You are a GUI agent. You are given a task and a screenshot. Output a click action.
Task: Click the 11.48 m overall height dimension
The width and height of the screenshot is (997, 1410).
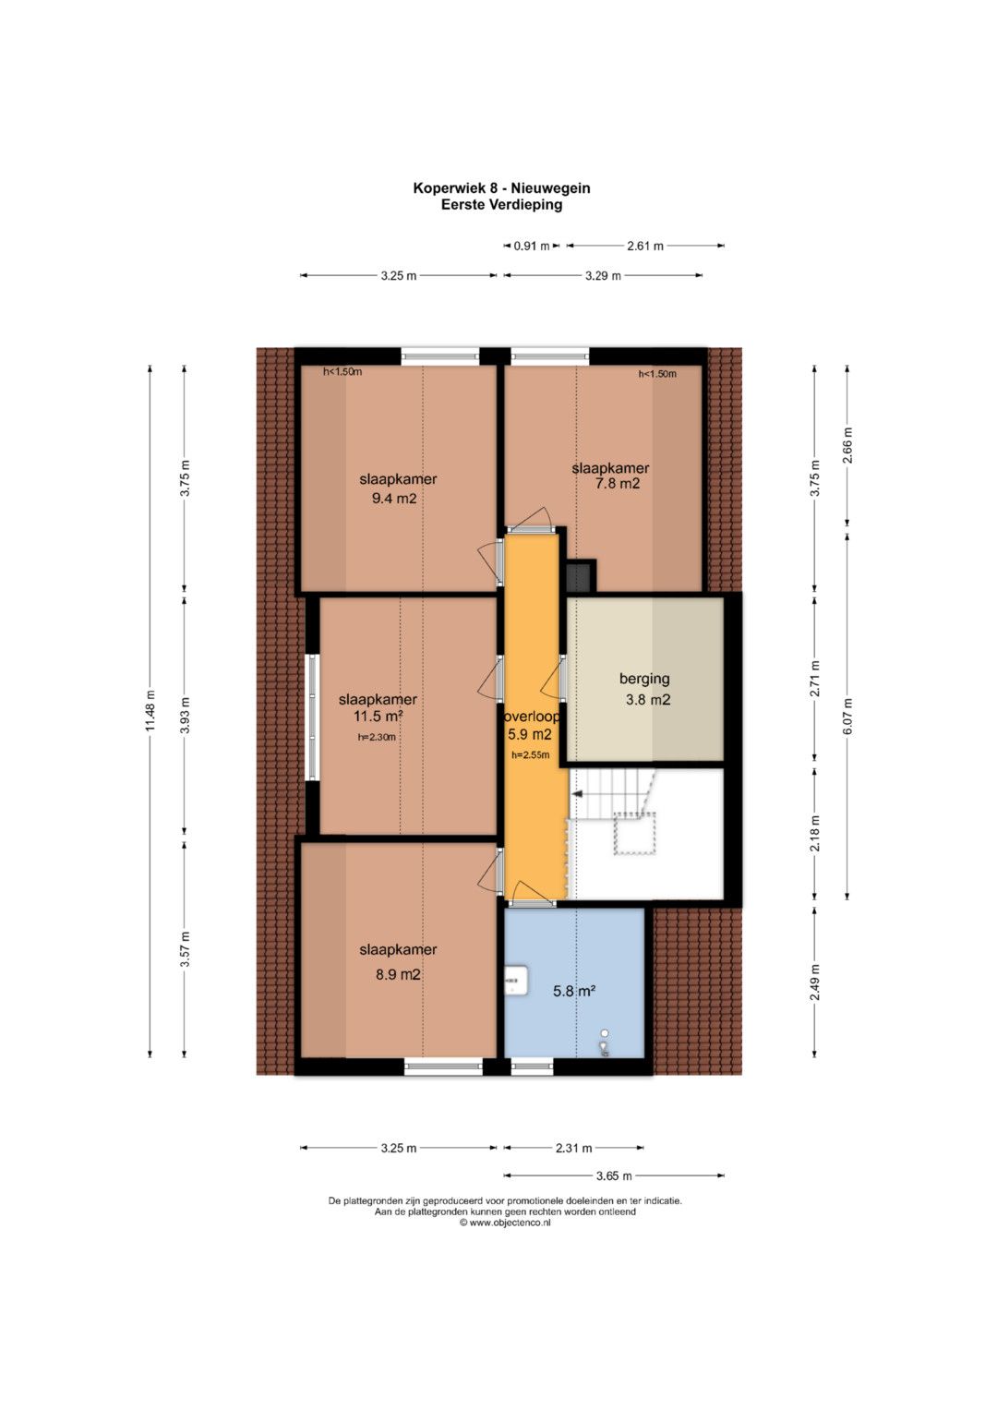(150, 712)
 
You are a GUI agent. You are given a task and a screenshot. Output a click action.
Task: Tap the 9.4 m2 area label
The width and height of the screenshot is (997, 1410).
(394, 500)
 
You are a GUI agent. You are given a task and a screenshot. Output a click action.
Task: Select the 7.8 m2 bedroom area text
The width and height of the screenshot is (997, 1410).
(617, 484)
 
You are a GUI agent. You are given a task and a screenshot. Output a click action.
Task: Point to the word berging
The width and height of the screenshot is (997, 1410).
(644, 679)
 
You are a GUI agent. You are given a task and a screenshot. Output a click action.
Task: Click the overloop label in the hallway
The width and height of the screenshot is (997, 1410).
(532, 717)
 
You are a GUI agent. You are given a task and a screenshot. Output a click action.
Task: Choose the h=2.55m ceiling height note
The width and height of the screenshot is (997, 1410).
(531, 754)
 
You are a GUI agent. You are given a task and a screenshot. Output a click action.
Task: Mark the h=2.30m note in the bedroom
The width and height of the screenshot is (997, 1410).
(377, 737)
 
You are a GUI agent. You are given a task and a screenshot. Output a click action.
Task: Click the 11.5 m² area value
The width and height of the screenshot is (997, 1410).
(378, 716)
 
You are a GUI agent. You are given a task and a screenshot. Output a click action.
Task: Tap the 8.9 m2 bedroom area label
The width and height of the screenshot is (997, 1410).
(399, 975)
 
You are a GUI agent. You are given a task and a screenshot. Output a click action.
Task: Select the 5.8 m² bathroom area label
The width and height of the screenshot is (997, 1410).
(574, 992)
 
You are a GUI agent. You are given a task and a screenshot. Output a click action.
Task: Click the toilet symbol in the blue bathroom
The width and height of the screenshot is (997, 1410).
(605, 1043)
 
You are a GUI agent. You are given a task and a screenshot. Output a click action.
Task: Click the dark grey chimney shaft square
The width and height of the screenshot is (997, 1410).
(579, 576)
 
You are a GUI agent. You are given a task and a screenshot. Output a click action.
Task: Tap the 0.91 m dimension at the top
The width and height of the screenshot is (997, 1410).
(532, 247)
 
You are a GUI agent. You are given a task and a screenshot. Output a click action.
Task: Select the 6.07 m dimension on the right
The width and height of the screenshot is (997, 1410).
(847, 716)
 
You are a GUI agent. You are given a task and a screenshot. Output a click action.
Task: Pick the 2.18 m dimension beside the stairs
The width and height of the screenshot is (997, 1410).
(815, 834)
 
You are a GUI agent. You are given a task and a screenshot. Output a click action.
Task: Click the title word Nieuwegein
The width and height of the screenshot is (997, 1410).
(551, 187)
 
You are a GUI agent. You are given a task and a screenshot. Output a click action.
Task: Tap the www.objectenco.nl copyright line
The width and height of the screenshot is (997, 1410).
(505, 1223)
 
